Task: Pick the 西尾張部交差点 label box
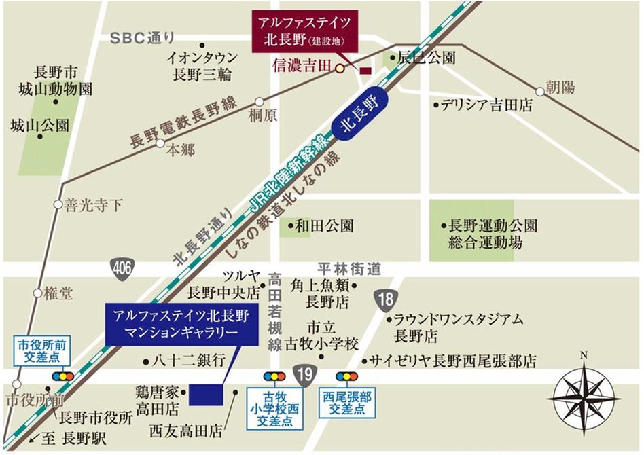point(348,403)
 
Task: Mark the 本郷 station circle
point(160,143)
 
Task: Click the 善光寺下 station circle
point(58,204)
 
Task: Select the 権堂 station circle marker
point(37,294)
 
